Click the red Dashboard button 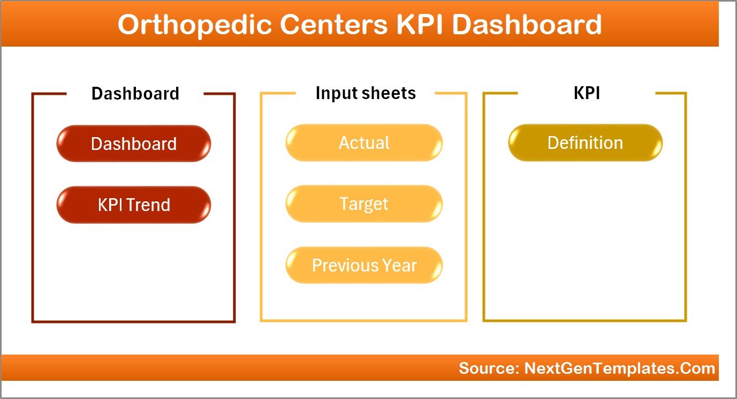(x=134, y=144)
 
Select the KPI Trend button (x=134, y=205)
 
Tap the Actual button (x=364, y=143)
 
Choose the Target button (x=364, y=204)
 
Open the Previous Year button (x=364, y=265)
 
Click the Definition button (x=585, y=143)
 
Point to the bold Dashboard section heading (x=135, y=94)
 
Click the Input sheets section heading (x=366, y=93)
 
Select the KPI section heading (x=587, y=93)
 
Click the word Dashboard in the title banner (x=527, y=25)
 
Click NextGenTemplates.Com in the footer (x=620, y=368)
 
